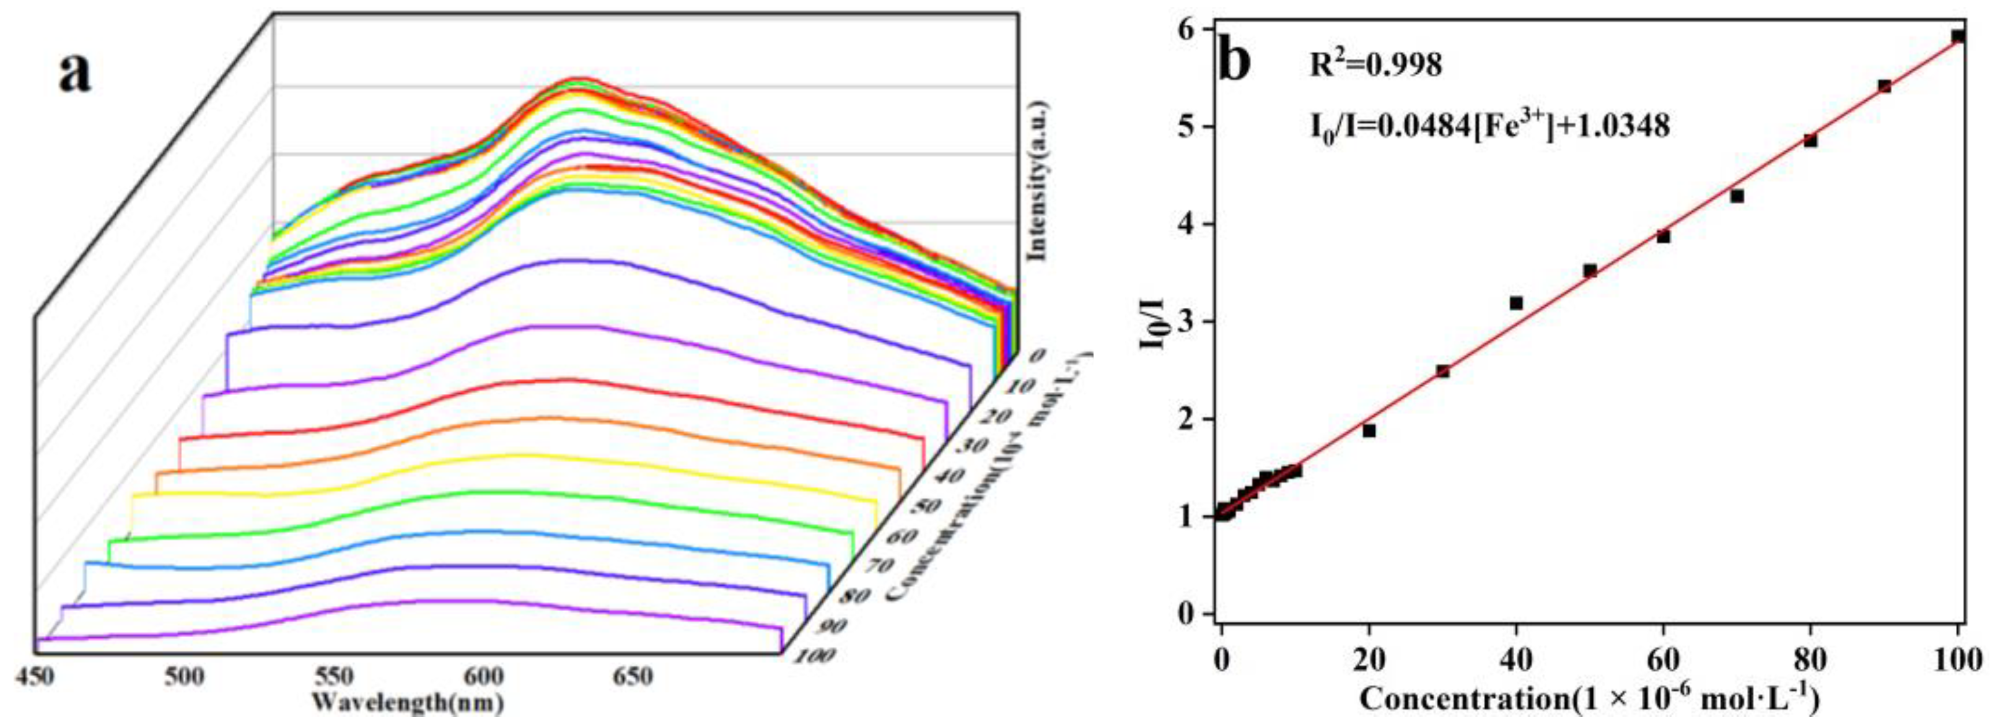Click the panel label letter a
click(75, 74)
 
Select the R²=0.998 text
click(1375, 65)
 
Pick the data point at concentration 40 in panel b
click(1515, 303)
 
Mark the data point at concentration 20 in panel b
click(1369, 430)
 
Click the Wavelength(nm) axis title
click(408, 703)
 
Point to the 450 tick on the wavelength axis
click(34, 677)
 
